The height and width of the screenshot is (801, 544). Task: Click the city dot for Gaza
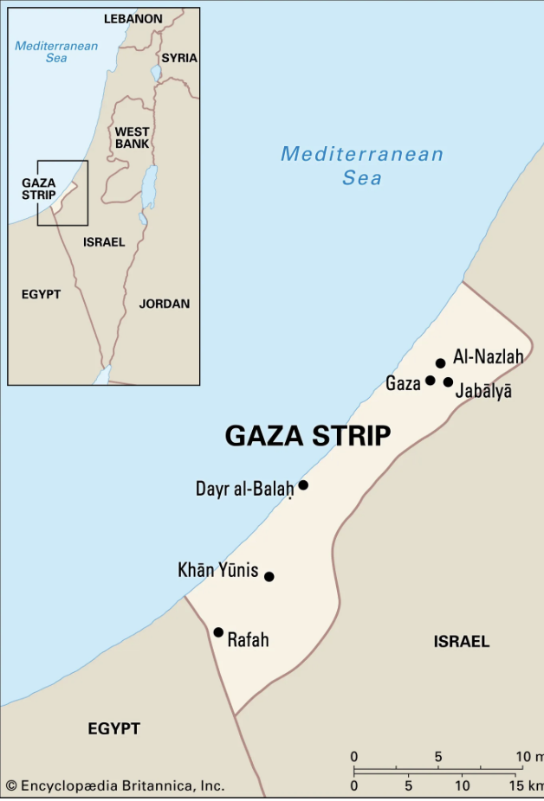(430, 381)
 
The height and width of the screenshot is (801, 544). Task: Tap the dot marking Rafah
(218, 632)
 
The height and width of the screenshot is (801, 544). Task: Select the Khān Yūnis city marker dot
(269, 576)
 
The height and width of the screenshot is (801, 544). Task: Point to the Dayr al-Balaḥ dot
(303, 485)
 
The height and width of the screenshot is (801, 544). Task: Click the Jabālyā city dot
(448, 382)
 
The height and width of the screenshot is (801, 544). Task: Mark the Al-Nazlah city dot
(440, 363)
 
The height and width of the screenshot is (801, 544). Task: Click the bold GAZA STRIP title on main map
(308, 435)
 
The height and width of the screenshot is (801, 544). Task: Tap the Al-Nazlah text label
(488, 356)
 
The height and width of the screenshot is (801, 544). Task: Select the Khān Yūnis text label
(217, 570)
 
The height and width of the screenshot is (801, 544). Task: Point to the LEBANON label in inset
(133, 18)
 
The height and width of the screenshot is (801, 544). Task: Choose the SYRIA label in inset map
(179, 58)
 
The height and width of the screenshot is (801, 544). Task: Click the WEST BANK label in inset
(132, 138)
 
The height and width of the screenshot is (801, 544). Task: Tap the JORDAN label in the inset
(165, 304)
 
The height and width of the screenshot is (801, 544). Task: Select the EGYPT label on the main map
(113, 729)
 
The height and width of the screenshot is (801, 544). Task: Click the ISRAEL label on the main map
(461, 642)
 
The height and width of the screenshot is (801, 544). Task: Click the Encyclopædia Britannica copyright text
(115, 785)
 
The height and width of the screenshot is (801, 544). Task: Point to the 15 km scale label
(526, 786)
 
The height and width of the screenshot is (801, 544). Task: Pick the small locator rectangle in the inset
(62, 193)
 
